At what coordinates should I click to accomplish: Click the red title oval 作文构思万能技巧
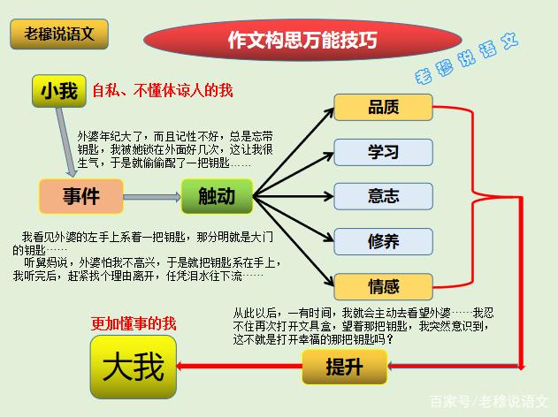point(302,39)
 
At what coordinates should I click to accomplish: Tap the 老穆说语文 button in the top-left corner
point(59,34)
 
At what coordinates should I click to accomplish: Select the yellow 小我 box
point(59,91)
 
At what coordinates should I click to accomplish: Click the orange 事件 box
point(81,196)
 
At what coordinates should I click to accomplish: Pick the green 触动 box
point(217,196)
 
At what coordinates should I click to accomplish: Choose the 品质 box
point(383,107)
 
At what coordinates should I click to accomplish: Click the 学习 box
point(383,152)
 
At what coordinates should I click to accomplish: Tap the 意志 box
point(383,196)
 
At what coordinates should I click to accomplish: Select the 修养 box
point(383,242)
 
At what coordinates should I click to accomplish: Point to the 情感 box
point(383,286)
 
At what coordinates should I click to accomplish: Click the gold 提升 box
point(345,367)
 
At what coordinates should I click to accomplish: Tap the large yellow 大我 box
point(134,367)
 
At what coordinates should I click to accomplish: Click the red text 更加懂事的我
point(134,323)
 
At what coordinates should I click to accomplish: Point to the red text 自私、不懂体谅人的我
point(163,91)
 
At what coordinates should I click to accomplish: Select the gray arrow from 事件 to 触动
point(152,197)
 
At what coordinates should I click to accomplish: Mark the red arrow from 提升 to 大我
point(239,366)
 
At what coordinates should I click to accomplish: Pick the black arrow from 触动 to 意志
point(294,196)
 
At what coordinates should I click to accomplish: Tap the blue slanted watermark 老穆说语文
point(467,59)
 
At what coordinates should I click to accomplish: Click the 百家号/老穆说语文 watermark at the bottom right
point(489,402)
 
